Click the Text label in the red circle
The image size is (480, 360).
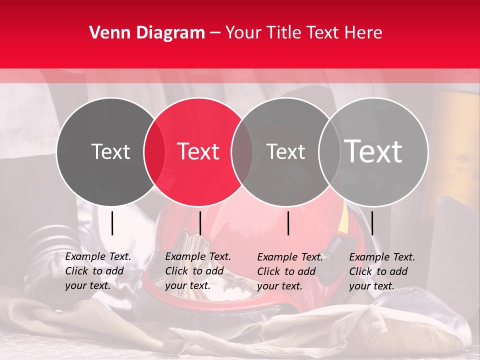[198, 151]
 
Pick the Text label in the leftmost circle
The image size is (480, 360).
[110, 151]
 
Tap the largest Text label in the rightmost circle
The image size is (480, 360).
[373, 151]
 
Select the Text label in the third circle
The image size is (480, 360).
[286, 151]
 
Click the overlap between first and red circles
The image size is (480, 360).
[154, 152]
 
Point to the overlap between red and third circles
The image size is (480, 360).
[242, 152]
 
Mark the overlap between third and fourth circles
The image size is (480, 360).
[329, 152]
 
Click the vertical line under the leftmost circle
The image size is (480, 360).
[112, 223]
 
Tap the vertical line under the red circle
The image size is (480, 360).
[200, 223]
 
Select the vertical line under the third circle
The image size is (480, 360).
[288, 223]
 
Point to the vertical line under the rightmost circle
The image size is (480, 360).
[372, 223]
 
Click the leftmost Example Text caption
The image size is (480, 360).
[98, 271]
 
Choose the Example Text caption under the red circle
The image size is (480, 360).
[198, 271]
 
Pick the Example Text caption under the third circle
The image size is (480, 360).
[290, 271]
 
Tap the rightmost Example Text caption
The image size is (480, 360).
[382, 271]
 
